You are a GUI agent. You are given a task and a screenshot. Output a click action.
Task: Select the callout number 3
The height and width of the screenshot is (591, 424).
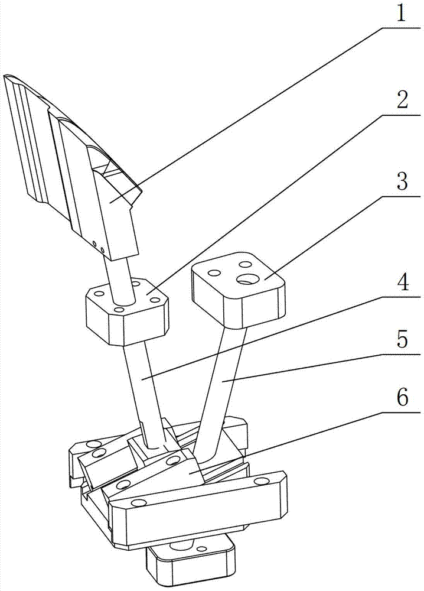(x=402, y=182)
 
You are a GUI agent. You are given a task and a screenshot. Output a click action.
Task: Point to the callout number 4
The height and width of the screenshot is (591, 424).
(x=402, y=283)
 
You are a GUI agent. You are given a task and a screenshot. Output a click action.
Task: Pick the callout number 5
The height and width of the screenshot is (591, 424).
(x=402, y=342)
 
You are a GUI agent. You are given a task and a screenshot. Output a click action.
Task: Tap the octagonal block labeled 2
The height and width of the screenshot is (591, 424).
(x=127, y=313)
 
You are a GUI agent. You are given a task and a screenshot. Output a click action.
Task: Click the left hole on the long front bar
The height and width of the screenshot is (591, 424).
(x=139, y=502)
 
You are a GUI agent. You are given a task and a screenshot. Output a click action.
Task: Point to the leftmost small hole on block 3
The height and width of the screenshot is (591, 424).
(x=214, y=272)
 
